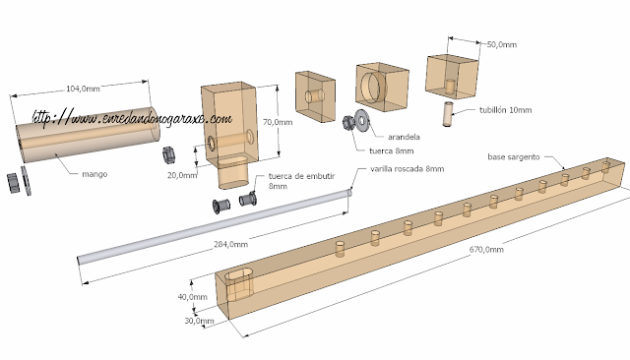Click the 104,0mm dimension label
pyautogui.click(x=83, y=89)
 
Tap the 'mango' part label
pyautogui.click(x=94, y=174)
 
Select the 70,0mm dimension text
pyautogui.click(x=278, y=122)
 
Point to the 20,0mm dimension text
pyautogui.click(x=182, y=175)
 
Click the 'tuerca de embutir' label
pyautogui.click(x=301, y=176)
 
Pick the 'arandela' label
pyautogui.click(x=404, y=137)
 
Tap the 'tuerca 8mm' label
pyautogui.click(x=392, y=150)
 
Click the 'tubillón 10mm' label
pyautogui.click(x=505, y=110)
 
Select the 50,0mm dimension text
pyautogui.click(x=502, y=44)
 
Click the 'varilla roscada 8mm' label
pyautogui.click(x=407, y=169)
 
